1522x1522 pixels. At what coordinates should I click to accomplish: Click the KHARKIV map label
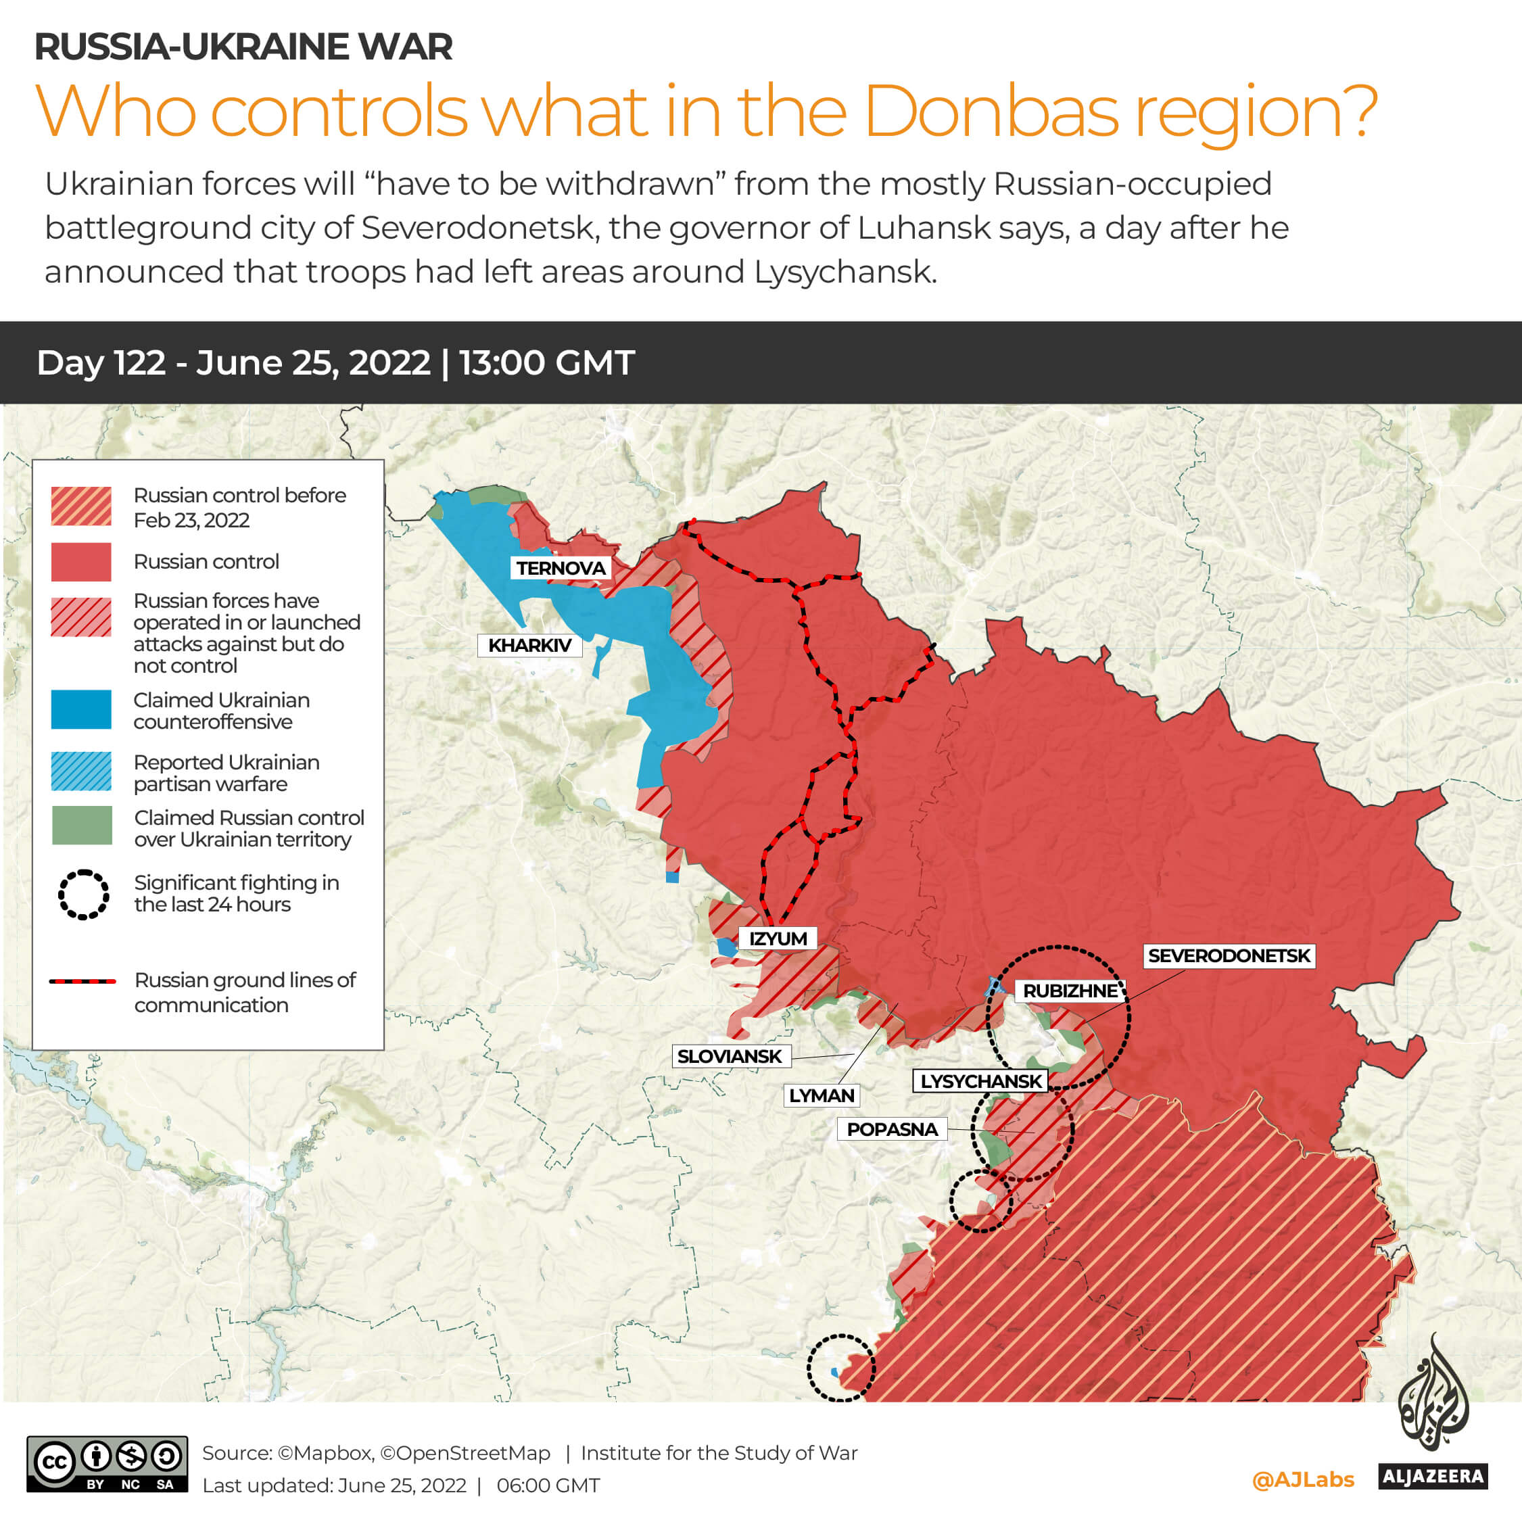tap(529, 645)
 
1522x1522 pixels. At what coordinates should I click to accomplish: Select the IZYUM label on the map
tap(778, 938)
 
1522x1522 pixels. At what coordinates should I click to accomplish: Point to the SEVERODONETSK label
tap(1228, 955)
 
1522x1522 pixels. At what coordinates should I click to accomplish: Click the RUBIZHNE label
tap(1070, 991)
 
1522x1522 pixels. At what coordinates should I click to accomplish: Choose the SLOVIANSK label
tap(730, 1056)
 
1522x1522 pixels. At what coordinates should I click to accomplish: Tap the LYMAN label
tap(822, 1096)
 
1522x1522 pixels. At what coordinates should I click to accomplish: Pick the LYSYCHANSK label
tap(981, 1081)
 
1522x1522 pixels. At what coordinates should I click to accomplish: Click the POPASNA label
tap(892, 1130)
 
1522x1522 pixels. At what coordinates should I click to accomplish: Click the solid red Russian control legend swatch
tap(81, 562)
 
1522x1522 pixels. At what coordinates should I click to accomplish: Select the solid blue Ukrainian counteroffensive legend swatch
tap(81, 710)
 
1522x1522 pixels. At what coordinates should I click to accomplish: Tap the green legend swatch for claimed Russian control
tap(81, 826)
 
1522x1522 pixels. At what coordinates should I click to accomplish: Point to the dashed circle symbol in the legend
tap(82, 894)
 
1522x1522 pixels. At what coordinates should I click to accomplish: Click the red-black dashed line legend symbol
tap(82, 982)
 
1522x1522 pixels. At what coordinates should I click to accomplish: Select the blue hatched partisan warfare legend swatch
tap(81, 771)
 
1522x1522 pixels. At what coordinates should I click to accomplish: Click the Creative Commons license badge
tap(107, 1464)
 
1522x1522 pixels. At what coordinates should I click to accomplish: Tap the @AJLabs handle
tap(1303, 1480)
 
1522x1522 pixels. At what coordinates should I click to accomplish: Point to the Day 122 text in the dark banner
tap(101, 363)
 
